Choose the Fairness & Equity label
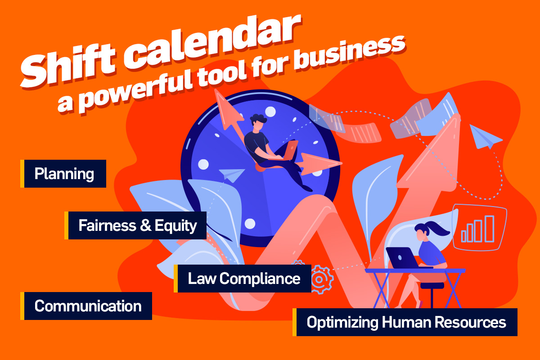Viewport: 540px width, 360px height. (138, 225)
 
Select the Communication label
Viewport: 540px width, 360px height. (88, 306)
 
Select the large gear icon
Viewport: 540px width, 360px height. (320, 279)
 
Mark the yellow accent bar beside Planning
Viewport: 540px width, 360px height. (22, 174)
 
